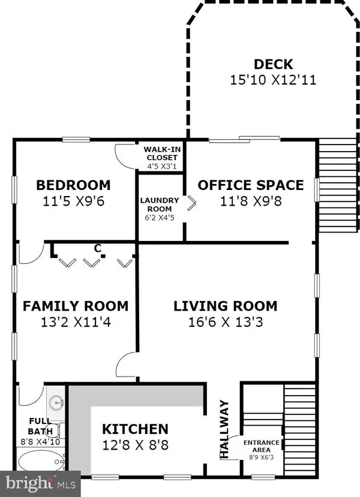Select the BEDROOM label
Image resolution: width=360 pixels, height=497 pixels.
[73, 185]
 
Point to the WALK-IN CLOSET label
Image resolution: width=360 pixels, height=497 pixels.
[160, 153]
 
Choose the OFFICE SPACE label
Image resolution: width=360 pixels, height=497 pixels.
[251, 185]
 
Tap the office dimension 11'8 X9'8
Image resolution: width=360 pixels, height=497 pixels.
[251, 201]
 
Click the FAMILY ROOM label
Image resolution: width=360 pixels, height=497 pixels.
[76, 306]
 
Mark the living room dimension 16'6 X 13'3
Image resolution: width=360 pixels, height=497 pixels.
[226, 323]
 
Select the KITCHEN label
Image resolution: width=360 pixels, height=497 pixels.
[134, 429]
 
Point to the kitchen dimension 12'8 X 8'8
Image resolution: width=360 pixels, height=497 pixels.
[134, 445]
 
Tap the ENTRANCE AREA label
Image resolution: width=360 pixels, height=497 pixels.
[261, 446]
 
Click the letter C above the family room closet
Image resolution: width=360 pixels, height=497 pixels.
[97, 248]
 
